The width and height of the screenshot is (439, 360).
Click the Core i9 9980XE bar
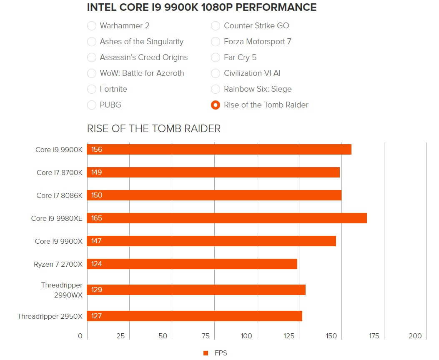pyautogui.click(x=227, y=218)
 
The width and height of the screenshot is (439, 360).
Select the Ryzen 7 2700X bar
pyautogui.click(x=192, y=264)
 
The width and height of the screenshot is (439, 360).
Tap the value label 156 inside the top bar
pyautogui.click(x=97, y=150)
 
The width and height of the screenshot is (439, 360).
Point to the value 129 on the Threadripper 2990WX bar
pyautogui.click(x=97, y=290)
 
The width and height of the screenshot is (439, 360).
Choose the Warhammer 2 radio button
pyautogui.click(x=92, y=26)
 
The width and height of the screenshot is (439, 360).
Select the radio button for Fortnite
pyautogui.click(x=92, y=89)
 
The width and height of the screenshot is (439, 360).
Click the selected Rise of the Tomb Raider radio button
pyautogui.click(x=216, y=105)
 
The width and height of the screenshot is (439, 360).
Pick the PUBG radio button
pyautogui.click(x=92, y=105)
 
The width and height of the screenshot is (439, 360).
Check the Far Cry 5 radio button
pyautogui.click(x=216, y=57)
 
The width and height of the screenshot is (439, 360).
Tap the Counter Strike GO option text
pyautogui.click(x=256, y=26)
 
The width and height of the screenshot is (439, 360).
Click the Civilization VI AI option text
pyautogui.click(x=252, y=73)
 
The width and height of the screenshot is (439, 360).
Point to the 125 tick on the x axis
pyautogui.click(x=288, y=336)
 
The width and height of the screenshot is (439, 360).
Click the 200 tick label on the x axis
pyautogui.click(x=415, y=336)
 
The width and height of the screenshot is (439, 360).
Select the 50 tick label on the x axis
pyautogui.click(x=163, y=336)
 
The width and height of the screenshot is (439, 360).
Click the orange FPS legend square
pyautogui.click(x=206, y=353)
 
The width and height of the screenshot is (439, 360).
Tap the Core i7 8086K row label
pyautogui.click(x=60, y=195)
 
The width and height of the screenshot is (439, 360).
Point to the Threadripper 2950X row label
pyautogui.click(x=50, y=316)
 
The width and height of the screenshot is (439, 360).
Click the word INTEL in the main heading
pyautogui.click(x=101, y=7)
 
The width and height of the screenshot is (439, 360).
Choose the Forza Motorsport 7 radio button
pyautogui.click(x=216, y=42)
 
